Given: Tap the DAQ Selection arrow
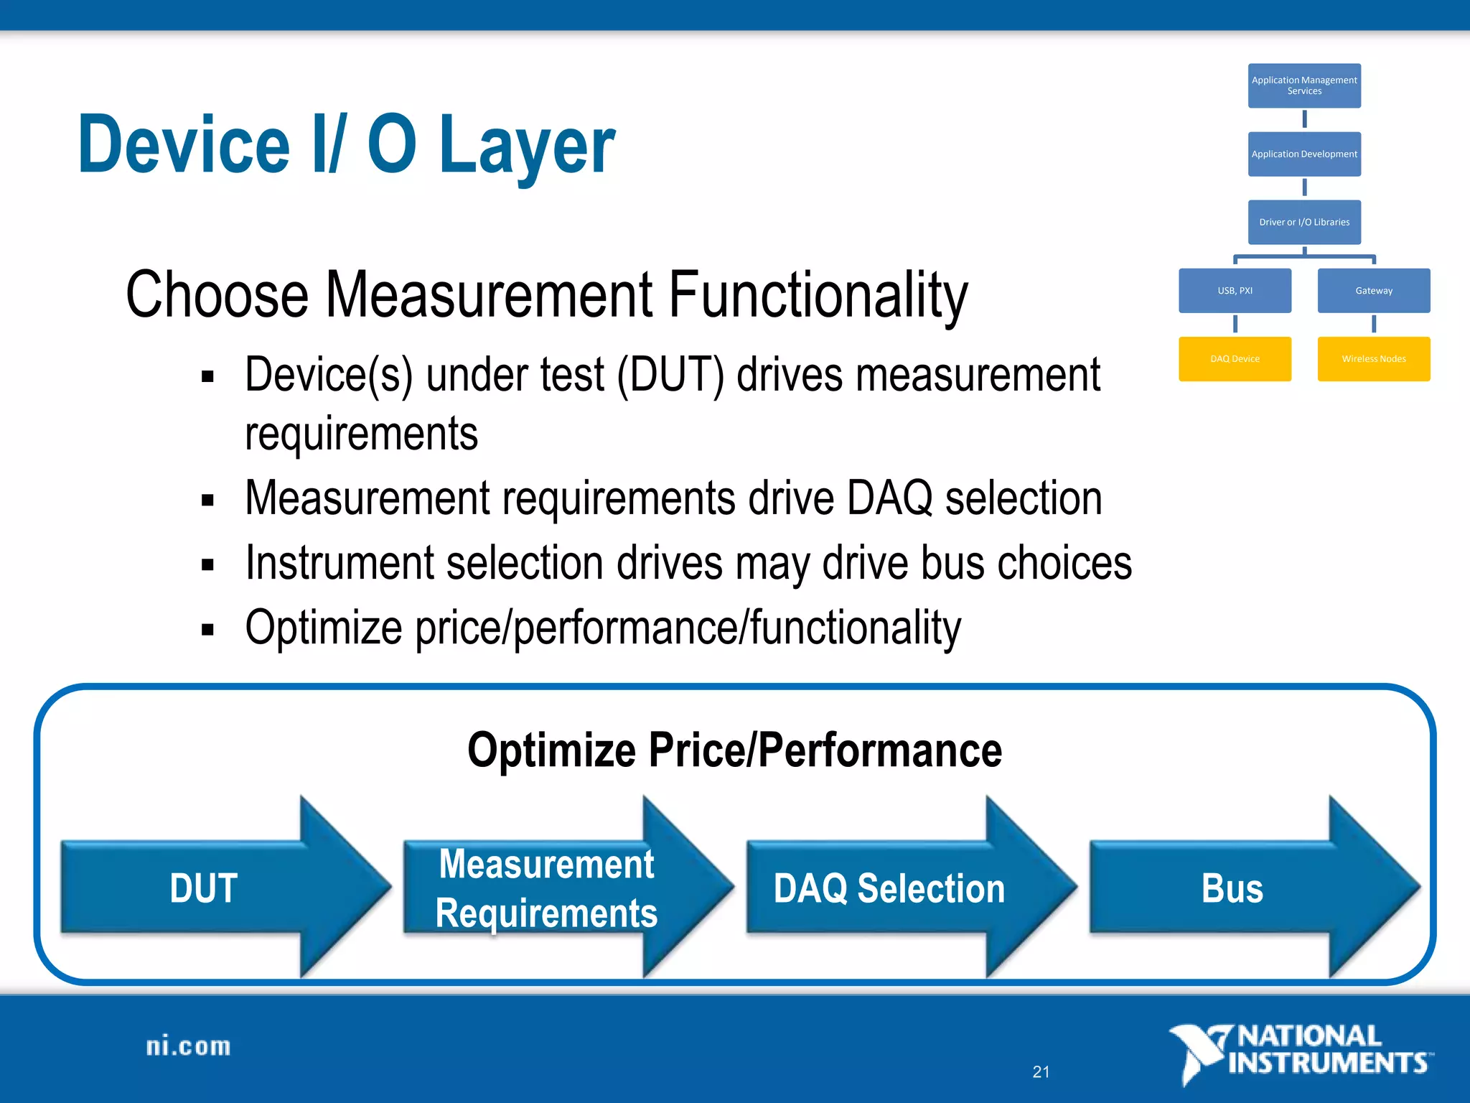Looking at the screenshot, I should pyautogui.click(x=890, y=888).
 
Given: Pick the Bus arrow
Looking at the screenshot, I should pyautogui.click(x=1233, y=888).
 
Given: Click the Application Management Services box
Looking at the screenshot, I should pyautogui.click(x=1304, y=85).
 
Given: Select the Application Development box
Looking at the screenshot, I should pyautogui.click(x=1304, y=154).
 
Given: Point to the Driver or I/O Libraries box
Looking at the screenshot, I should pyautogui.click(x=1304, y=222).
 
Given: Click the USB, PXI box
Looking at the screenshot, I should pyautogui.click(x=1235, y=290).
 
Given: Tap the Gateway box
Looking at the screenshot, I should pyautogui.click(x=1374, y=290).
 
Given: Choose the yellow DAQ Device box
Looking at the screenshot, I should pyautogui.click(x=1235, y=358).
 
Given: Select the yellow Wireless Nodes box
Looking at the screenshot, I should pyautogui.click(x=1374, y=358).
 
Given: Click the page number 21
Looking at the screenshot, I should pyautogui.click(x=1041, y=1072).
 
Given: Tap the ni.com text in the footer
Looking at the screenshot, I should pyautogui.click(x=188, y=1047).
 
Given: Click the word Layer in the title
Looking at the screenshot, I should pyautogui.click(x=526, y=146).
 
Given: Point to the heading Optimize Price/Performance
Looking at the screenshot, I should pyautogui.click(x=734, y=750).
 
